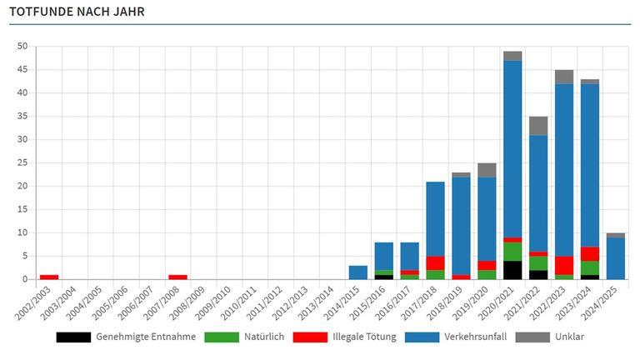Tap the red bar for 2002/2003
[49, 277]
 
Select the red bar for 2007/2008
[178, 277]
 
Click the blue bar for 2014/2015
[358, 272]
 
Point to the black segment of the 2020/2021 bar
[512, 270]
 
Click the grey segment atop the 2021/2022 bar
[538, 125]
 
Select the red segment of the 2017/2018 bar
[435, 262]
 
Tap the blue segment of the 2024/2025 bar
[616, 258]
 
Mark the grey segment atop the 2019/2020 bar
[487, 170]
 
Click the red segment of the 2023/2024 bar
[590, 253]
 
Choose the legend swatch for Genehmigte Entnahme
[73, 337]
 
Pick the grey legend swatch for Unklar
[532, 337]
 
